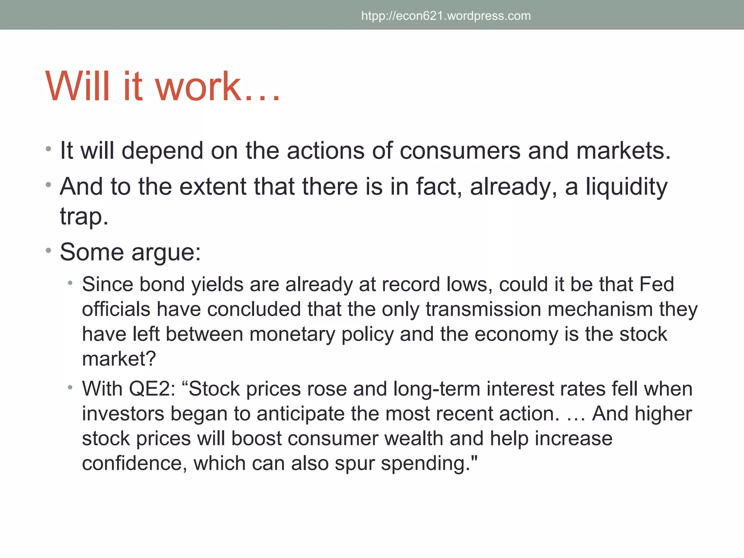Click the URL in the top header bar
coord(446,16)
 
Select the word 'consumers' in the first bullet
coord(460,151)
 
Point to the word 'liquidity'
coord(626,187)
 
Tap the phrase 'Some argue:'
coord(130,252)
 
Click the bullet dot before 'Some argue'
coord(49,251)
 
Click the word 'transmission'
coord(483,309)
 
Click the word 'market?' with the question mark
coord(119,359)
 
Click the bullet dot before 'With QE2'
coord(70,387)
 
